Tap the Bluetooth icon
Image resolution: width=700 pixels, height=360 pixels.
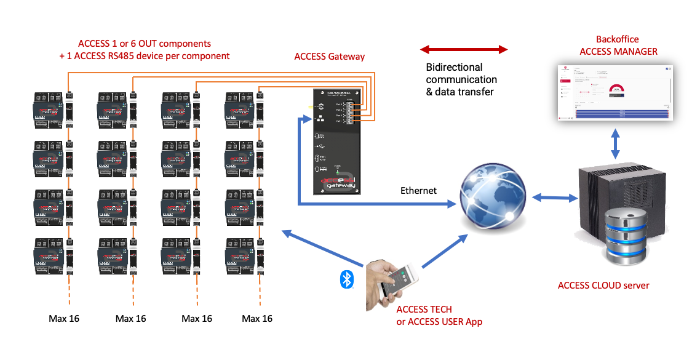pyautogui.click(x=347, y=279)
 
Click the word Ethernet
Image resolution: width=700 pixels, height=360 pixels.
pyautogui.click(x=418, y=191)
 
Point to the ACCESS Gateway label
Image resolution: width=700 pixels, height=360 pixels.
pyautogui.click(x=330, y=57)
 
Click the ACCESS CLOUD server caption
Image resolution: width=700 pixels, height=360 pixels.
pyautogui.click(x=603, y=285)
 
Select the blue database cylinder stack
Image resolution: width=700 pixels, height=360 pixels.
pyautogui.click(x=625, y=236)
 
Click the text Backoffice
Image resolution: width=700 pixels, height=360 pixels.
pyautogui.click(x=618, y=39)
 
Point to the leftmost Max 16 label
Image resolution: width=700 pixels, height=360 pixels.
pyautogui.click(x=64, y=318)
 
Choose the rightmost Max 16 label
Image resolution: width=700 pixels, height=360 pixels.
pyautogui.click(x=257, y=318)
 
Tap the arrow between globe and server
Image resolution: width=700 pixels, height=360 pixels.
pyautogui.click(x=554, y=198)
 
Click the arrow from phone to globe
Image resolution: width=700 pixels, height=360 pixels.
pyautogui.click(x=443, y=252)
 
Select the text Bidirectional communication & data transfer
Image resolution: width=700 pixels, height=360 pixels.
pyautogui.click(x=461, y=79)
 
